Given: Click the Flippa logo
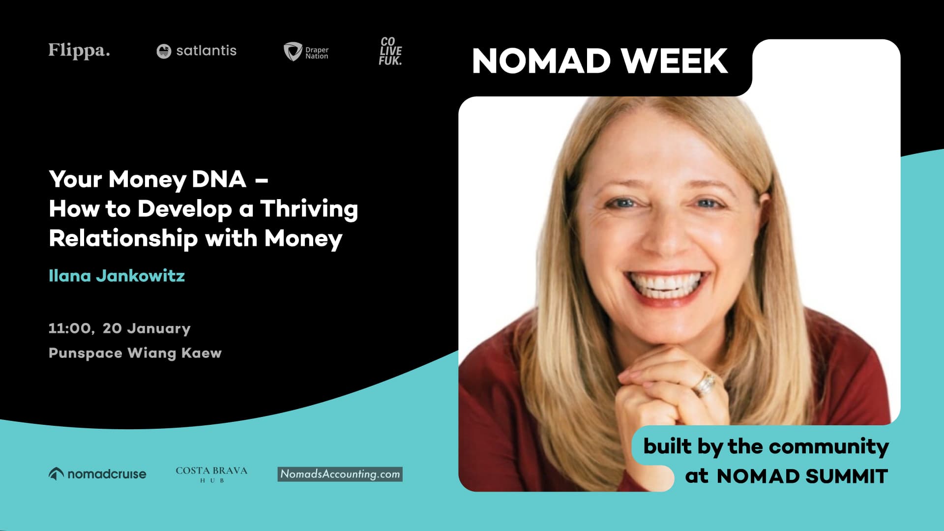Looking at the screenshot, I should point(79,51).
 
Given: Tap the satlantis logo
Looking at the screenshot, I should point(197,51).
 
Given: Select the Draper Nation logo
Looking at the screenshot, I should point(306,52).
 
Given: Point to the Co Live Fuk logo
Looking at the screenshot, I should point(390,51).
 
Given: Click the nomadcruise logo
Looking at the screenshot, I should point(97,474).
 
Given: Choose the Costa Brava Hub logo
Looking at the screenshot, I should point(211,474).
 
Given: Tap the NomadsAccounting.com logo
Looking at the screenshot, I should point(340,474).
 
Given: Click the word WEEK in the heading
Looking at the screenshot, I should point(674,61).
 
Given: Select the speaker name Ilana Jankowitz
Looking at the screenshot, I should point(117,276).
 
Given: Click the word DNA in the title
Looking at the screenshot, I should point(219,179).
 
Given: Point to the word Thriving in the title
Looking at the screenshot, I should point(309,209).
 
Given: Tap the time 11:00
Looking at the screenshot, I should point(70,328).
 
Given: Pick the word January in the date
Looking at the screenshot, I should point(159,328).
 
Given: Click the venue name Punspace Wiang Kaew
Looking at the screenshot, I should point(135,353).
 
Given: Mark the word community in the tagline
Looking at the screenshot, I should point(829,446).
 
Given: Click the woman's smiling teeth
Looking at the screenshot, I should point(666,285).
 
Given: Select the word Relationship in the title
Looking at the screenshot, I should point(123,239).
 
